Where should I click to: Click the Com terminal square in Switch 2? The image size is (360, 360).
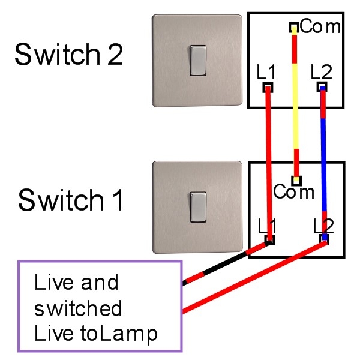tap(294, 27)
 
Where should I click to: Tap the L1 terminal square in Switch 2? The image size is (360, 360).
tap(268, 88)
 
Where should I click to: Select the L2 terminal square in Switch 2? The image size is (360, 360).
tap(323, 88)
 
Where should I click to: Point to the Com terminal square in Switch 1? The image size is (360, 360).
tap(296, 179)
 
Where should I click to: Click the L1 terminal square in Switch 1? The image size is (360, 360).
tap(269, 240)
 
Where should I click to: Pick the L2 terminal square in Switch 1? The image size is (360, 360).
tap(325, 240)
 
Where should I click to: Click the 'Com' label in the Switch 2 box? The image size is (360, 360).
tap(320, 26)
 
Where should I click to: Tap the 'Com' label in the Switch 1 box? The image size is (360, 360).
tap(293, 192)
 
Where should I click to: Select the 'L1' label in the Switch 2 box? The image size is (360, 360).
tap(266, 73)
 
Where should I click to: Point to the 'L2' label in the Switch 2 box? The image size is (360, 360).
tap(322, 73)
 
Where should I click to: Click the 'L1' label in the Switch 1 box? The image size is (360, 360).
tap(268, 226)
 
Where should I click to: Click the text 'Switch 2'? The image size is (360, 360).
tap(68, 55)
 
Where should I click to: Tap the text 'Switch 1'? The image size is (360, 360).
tap(71, 200)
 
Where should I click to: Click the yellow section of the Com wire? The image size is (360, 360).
tap(295, 114)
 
